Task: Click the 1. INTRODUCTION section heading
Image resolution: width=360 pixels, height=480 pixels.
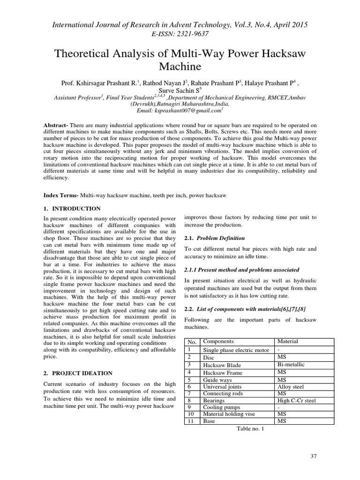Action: coord(72,208)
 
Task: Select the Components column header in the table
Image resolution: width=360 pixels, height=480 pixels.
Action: coord(218,341)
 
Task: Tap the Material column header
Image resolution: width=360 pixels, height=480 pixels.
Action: coord(288,341)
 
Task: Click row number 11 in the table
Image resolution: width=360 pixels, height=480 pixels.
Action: coord(191,421)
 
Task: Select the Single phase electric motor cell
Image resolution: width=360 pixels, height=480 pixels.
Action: coord(236,350)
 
